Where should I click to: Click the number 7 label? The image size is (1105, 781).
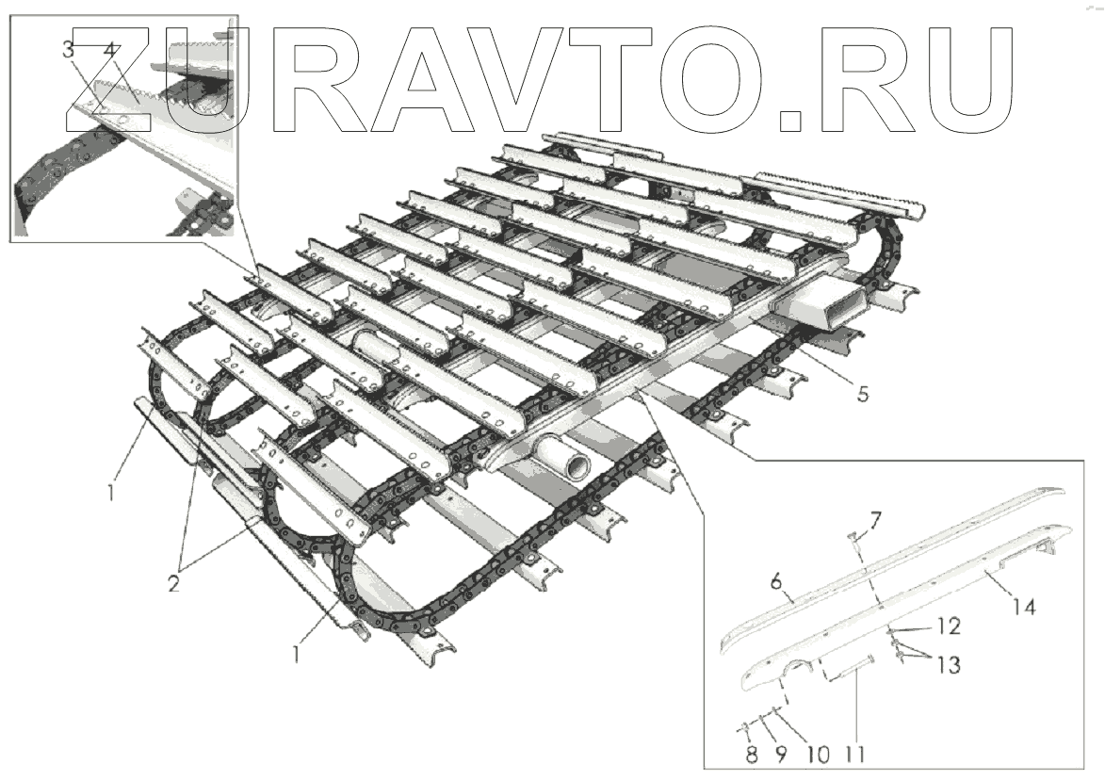(875, 517)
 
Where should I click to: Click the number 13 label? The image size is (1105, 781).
(948, 666)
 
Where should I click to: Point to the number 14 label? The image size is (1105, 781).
(1024, 608)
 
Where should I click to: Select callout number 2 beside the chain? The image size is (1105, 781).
(173, 582)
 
